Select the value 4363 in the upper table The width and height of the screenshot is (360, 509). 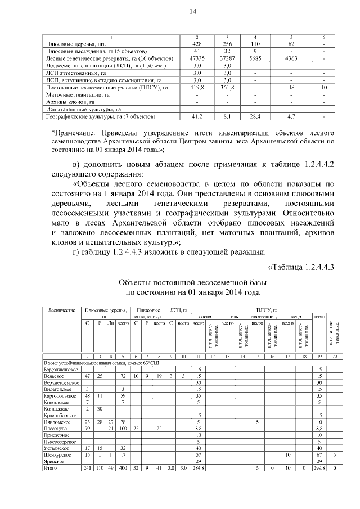291,58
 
